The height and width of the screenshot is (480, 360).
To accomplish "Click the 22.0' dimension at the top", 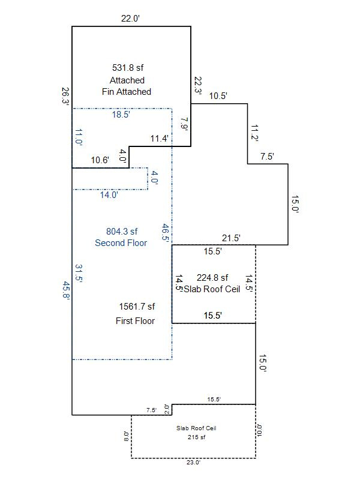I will click(130, 19).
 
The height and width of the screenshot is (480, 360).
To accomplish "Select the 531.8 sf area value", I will click(127, 68).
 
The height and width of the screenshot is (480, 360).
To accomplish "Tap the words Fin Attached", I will click(127, 92).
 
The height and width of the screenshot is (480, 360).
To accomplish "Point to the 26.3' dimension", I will click(65, 97).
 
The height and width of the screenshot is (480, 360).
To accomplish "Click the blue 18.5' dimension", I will click(121, 115).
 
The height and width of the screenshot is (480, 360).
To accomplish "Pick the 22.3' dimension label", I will click(197, 85).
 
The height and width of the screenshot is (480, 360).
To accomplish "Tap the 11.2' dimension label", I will click(254, 133).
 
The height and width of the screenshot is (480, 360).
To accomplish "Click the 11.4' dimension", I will click(159, 139).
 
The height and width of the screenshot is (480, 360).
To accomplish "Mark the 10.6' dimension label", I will click(100, 160).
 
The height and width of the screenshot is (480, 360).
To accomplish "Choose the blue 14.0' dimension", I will click(109, 194).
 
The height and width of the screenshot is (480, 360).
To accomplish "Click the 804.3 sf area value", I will click(122, 232).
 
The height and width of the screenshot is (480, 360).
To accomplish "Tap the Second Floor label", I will click(121, 243).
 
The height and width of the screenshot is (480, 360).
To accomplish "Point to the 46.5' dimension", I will click(166, 232).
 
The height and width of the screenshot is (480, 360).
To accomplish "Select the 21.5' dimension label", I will click(231, 238).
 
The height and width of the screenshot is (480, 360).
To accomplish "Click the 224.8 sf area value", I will click(212, 278).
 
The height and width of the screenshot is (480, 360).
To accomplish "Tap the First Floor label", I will click(135, 321).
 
